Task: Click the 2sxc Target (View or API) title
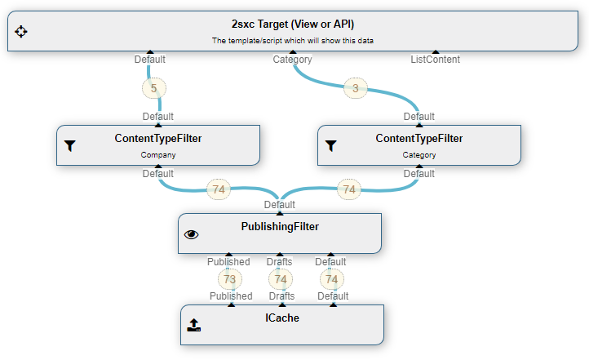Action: tap(293, 24)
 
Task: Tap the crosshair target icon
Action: tap(21, 31)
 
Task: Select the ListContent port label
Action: tap(435, 59)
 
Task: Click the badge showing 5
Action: tap(153, 87)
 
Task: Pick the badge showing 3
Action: tap(355, 87)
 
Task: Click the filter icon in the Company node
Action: tap(69, 146)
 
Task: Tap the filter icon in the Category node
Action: tap(330, 146)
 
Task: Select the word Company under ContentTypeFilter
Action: tap(158, 154)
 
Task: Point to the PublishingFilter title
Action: tap(280, 226)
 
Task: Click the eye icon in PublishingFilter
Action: tap(192, 234)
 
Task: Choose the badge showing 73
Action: tap(229, 279)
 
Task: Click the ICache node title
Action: tap(282, 318)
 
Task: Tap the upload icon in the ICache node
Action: tap(193, 325)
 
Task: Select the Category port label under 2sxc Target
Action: tap(292, 59)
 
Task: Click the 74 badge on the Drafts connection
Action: tap(281, 279)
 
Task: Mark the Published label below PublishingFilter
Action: tap(228, 262)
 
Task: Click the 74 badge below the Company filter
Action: tap(218, 189)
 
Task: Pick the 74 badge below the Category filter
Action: tap(349, 189)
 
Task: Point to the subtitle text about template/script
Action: tap(293, 40)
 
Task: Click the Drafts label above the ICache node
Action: tap(281, 296)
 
